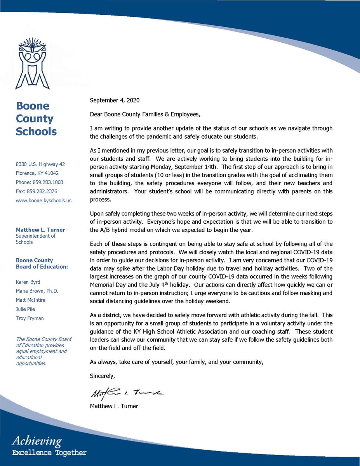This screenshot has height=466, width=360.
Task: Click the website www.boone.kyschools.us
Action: [43, 201]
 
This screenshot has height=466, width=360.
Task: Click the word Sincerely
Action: [103, 376]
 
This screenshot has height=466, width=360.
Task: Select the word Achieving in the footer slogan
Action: [37, 441]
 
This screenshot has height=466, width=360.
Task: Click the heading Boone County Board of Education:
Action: [42, 264]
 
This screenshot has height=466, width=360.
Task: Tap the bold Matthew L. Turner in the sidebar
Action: [40, 230]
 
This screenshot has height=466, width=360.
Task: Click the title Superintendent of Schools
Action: [35, 239]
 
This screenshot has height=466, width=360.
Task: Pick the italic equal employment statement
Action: [41, 351]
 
